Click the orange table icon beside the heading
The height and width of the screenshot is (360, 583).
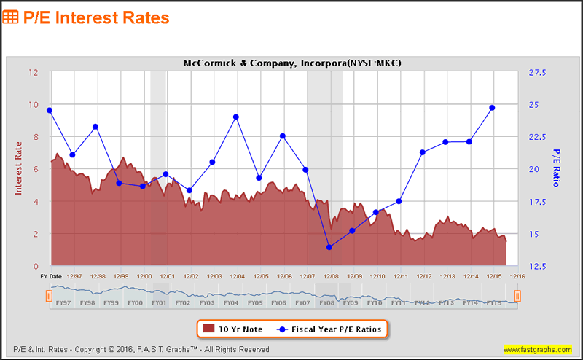pos(12,16)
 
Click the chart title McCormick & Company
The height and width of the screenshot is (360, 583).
pos(293,63)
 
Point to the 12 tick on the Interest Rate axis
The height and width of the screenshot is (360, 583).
pos(34,72)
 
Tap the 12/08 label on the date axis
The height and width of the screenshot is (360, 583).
pos(331,277)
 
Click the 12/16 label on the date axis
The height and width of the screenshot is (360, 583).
pos(517,277)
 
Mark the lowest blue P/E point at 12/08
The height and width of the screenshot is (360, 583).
pos(329,247)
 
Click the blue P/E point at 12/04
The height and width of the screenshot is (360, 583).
pos(236,117)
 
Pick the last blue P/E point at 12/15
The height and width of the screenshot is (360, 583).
pos(492,108)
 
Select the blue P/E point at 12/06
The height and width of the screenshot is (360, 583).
pos(282,136)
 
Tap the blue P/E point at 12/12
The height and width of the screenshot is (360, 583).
pos(422,152)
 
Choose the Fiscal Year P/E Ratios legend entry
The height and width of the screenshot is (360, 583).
pos(329,329)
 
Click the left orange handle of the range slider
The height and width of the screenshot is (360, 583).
pos(49,295)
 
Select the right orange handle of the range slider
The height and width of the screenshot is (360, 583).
pos(517,295)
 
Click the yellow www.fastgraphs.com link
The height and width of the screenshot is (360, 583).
pos(538,349)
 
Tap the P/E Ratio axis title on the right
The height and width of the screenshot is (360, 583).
pos(557,168)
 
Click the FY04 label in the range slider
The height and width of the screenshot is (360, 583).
pos(231,302)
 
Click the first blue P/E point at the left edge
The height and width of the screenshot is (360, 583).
pos(49,110)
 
